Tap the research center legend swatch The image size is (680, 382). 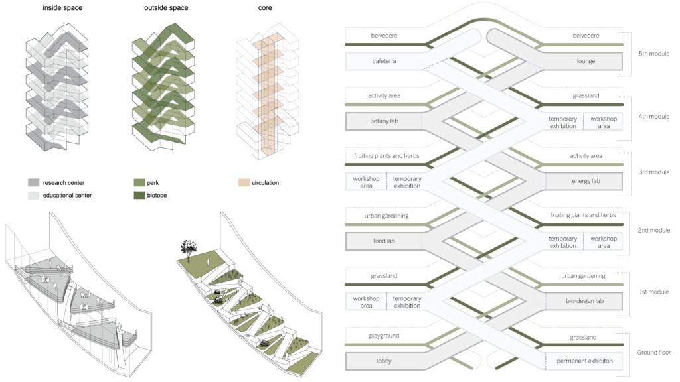[x=34, y=182]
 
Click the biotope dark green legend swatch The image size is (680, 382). [x=139, y=196]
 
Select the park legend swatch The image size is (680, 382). [x=139, y=182]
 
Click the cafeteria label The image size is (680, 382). [x=384, y=62]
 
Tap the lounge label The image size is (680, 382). [x=586, y=62]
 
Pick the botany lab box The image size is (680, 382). [x=384, y=122]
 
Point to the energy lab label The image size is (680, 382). [x=586, y=181]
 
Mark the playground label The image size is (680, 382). [x=383, y=336]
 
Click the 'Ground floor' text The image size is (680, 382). [x=653, y=352]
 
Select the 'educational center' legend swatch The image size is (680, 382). [x=34, y=196]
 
